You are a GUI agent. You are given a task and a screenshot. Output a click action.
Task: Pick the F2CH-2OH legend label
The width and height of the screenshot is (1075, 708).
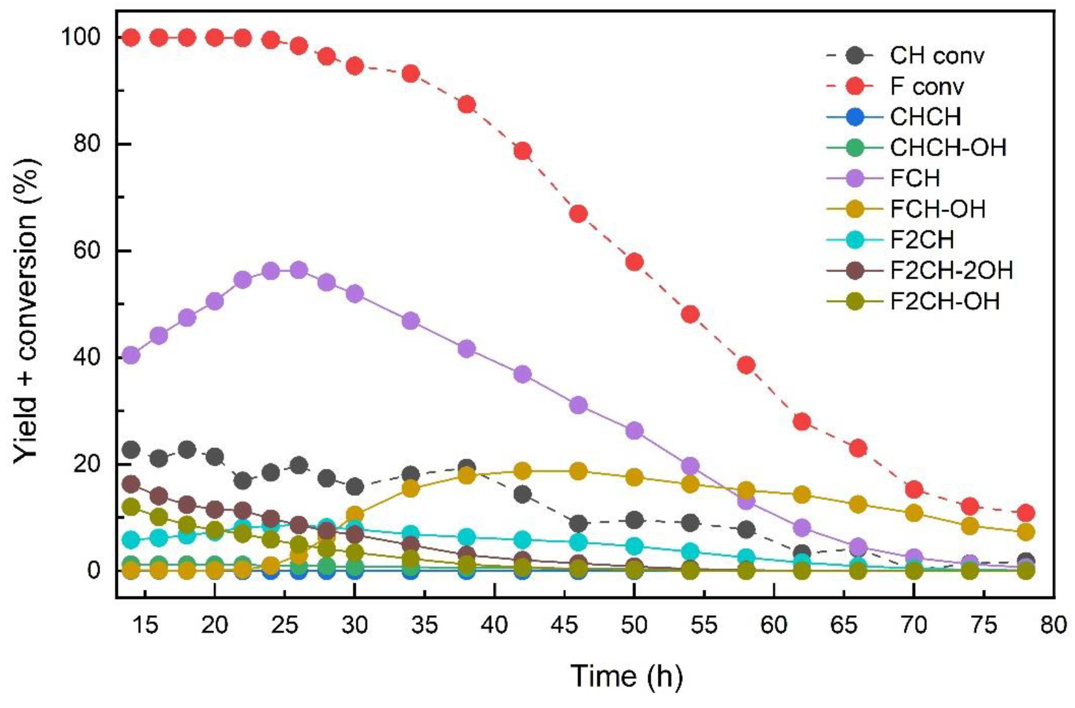(951, 270)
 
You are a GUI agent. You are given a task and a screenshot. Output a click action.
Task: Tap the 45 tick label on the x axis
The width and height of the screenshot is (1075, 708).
(565, 625)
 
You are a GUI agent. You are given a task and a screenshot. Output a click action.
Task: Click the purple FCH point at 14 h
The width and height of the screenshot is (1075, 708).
(131, 355)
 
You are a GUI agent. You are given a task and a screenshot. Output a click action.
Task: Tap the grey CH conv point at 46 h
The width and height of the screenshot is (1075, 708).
(579, 524)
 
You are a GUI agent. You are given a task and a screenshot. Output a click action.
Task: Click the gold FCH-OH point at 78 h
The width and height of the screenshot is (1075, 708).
(1026, 532)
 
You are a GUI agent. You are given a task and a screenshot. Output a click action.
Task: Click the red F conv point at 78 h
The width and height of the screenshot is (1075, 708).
(1026, 513)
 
